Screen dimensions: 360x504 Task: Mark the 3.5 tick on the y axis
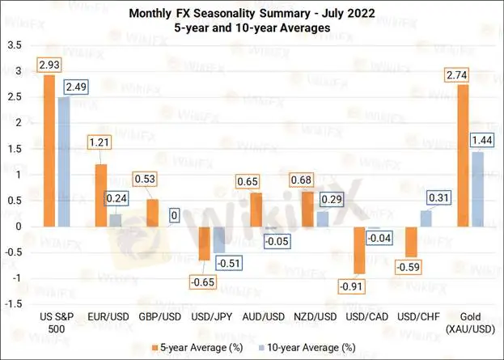point(14,44)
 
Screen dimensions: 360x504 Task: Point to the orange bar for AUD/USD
point(255,210)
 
